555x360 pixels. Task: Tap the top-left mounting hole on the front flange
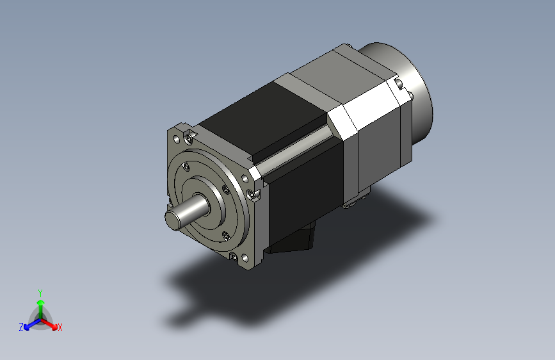pos(176,139)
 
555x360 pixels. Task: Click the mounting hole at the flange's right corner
pos(245,179)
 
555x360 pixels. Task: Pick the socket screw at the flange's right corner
pos(252,194)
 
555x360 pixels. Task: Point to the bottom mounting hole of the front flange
pos(245,258)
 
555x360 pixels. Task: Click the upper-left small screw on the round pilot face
pos(186,167)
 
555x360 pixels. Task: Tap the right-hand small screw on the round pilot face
pos(226,190)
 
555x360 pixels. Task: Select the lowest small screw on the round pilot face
pos(226,236)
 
